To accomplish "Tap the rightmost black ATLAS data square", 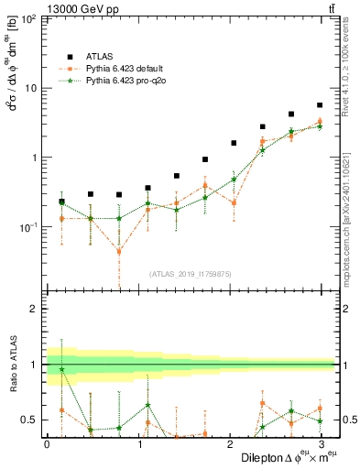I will (x=320, y=105).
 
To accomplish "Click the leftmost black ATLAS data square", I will (x=61, y=201).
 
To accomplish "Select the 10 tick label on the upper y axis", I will (x=30, y=89).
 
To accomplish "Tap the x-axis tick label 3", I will (x=320, y=444).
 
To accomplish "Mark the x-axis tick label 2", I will (x=229, y=444).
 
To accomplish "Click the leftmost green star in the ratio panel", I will (x=61, y=369).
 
